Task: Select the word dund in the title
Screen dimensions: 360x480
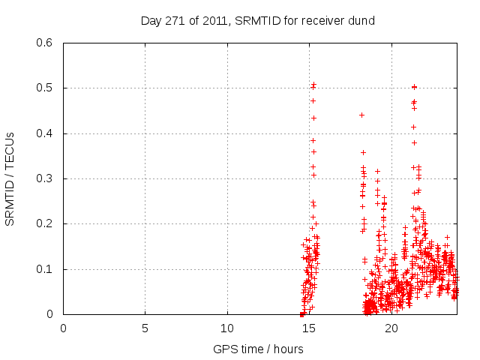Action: tap(360, 20)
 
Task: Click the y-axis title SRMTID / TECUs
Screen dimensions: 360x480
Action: tap(10, 178)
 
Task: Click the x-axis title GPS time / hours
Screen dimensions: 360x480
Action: tap(258, 349)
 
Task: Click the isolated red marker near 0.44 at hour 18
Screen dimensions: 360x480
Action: tap(361, 115)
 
